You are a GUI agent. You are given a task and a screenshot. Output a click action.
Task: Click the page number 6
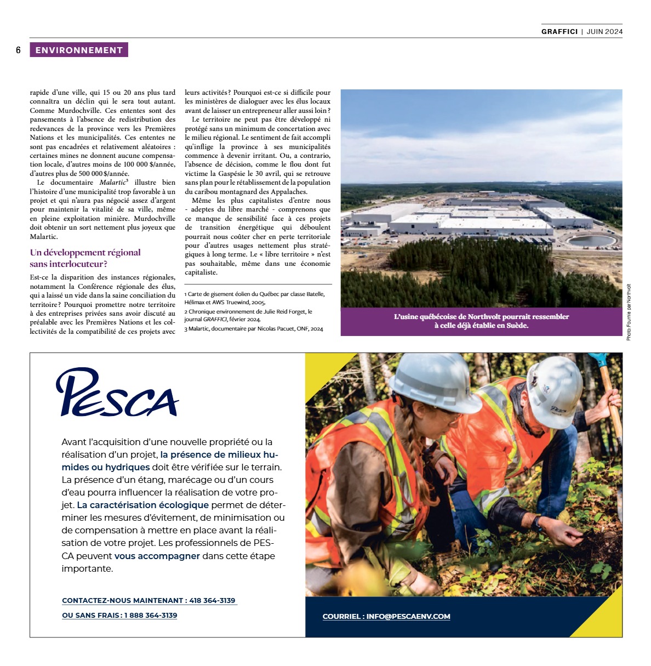tap(18, 50)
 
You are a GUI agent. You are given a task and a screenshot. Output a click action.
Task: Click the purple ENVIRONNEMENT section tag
tap(79, 50)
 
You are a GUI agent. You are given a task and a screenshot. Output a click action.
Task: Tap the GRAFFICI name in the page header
tap(559, 32)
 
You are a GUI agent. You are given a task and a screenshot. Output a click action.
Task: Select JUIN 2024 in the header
tap(604, 32)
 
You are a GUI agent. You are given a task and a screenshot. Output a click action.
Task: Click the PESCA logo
tap(117, 392)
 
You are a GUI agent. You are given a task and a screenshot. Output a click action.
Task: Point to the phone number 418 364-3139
tap(212, 601)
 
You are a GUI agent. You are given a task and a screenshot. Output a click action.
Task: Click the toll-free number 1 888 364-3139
tap(151, 616)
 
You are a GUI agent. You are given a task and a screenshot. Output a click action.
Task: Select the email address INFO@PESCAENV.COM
tap(408, 617)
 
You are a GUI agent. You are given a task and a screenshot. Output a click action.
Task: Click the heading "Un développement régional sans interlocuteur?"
tap(85, 258)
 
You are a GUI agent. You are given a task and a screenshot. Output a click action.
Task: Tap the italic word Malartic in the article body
tap(112, 183)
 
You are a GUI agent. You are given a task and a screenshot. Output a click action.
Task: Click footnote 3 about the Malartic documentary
tap(254, 329)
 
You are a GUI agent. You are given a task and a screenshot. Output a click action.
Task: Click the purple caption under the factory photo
tap(481, 321)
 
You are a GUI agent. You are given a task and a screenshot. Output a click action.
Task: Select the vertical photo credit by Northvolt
tap(629, 312)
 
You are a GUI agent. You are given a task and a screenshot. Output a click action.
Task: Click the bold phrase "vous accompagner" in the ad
tap(157, 556)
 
